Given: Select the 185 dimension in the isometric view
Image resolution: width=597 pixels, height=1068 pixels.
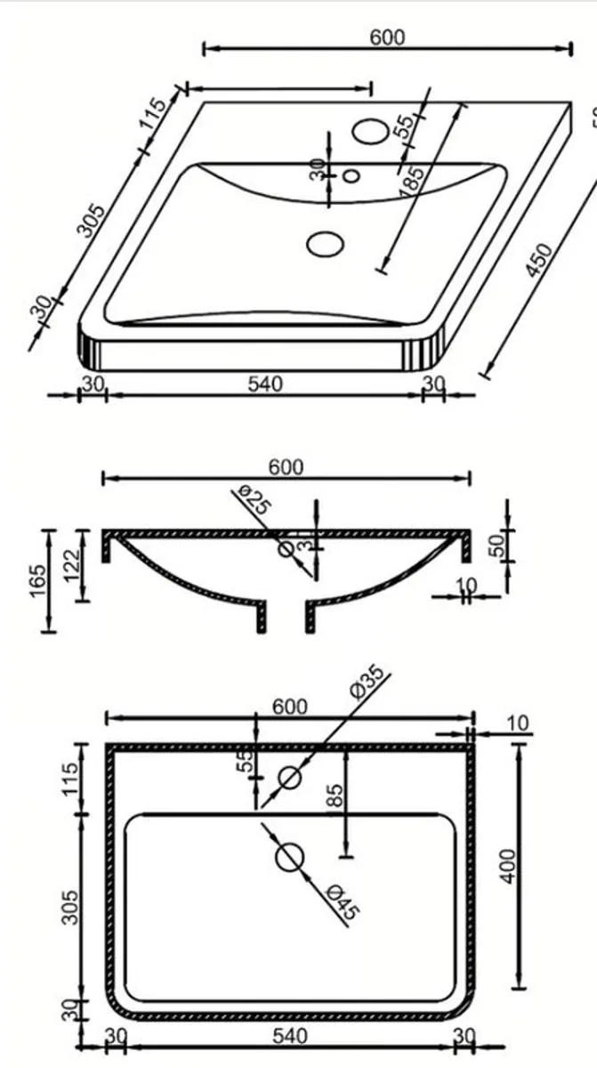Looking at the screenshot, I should pos(411,182).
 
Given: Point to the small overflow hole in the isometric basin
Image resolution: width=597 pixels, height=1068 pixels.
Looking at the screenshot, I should pos(351,175).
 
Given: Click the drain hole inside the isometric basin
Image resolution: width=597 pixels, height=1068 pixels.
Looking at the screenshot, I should pos(325,243).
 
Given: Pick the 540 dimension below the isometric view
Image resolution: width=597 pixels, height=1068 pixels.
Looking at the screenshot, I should pos(265,384).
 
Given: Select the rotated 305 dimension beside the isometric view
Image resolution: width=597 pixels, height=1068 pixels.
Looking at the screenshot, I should pos(91,222).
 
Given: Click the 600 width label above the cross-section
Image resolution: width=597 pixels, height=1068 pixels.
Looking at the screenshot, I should pos(286,467).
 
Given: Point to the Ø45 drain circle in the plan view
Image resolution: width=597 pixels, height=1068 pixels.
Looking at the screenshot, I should pos(289,857).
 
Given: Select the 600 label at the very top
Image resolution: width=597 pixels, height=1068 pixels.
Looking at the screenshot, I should pos(387,37).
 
